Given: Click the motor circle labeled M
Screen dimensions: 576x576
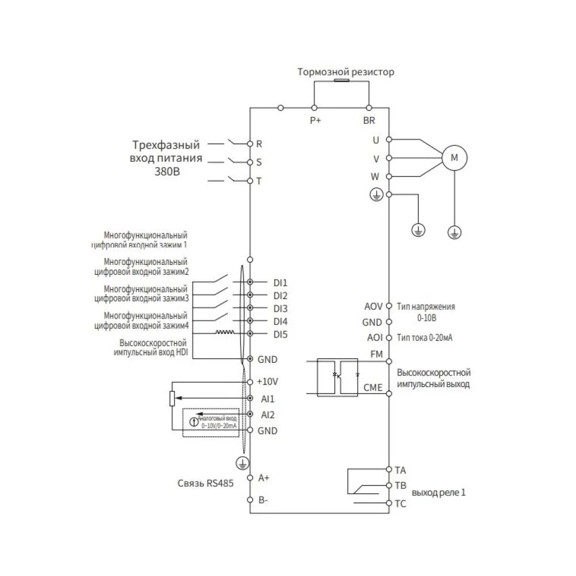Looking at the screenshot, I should point(454,157).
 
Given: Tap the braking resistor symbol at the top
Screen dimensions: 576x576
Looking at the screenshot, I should point(341,82).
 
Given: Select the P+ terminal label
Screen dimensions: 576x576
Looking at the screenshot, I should point(314,120).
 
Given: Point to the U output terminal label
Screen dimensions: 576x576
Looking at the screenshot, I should point(377,139).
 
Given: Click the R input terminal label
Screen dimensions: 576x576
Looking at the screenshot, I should point(259,143).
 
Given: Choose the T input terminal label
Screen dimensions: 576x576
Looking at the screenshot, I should point(259,181).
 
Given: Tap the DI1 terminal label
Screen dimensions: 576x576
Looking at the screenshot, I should point(281,282).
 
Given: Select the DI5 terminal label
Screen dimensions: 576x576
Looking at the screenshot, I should point(281,334).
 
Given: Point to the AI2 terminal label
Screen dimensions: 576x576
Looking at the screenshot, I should point(267,415).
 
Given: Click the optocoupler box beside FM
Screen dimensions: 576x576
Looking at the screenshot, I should point(339,377).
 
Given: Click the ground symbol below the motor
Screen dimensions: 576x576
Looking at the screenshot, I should point(454,232).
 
